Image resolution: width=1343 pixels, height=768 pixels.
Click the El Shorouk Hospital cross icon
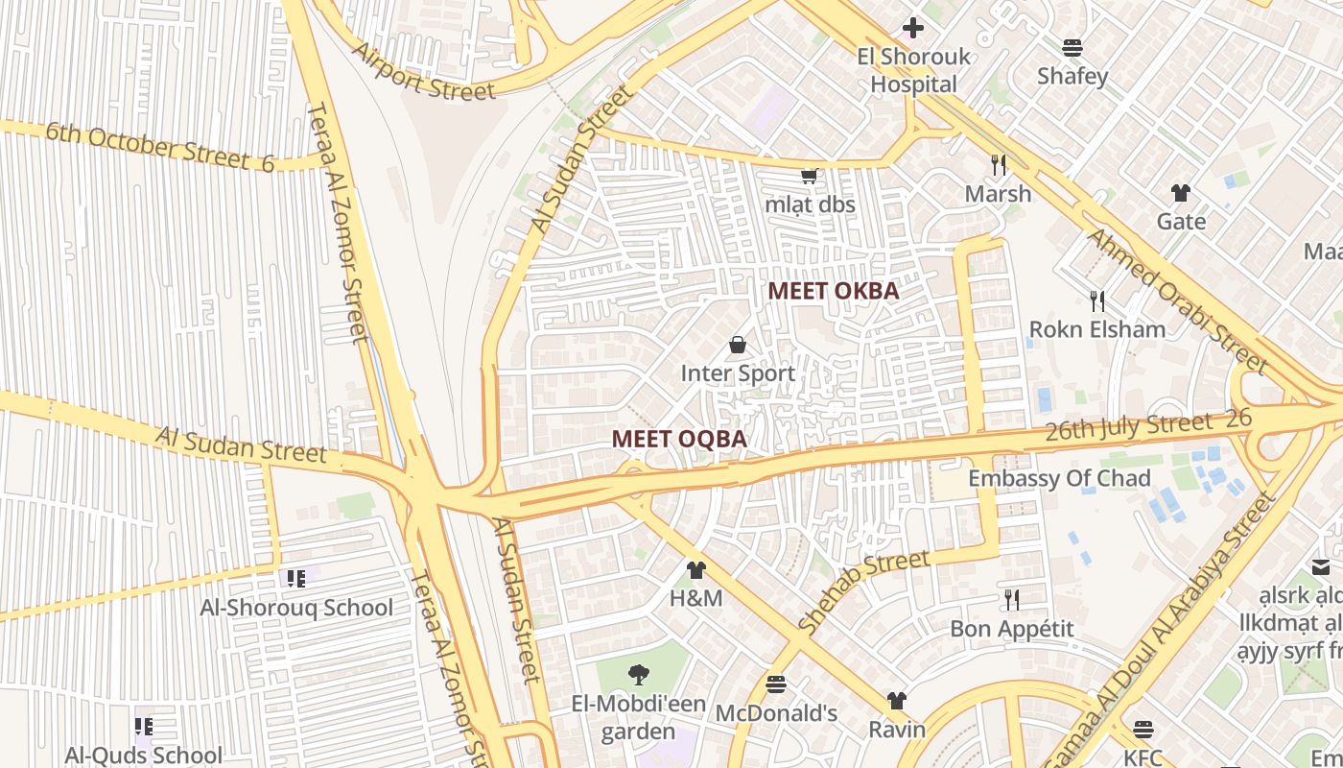[913, 28]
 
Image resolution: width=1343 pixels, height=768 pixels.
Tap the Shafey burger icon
[1072, 48]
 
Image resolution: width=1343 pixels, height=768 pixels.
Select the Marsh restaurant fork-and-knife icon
[999, 165]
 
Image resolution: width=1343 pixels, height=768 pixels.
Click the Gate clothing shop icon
[1181, 193]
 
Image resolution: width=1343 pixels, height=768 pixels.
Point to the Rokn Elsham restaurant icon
[1097, 301]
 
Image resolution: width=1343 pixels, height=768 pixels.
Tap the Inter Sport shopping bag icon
[738, 345]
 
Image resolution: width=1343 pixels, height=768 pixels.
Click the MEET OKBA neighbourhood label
[834, 291]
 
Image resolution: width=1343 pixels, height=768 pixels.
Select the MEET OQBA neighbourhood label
[679, 439]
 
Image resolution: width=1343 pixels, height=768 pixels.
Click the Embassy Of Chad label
[1059, 478]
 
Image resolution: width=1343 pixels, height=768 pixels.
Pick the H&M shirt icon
[696, 570]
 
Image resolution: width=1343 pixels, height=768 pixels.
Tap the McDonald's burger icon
[776, 684]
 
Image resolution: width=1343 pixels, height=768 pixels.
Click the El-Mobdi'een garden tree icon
[637, 675]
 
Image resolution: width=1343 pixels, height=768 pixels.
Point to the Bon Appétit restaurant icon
[1012, 600]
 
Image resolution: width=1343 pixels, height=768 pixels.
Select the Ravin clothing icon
[897, 701]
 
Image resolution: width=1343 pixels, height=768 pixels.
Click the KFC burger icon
[1143, 730]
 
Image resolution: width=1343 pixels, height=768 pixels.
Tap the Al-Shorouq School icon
[295, 578]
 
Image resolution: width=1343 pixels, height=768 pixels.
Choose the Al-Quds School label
[144, 756]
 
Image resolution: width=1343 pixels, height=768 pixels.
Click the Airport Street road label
[424, 72]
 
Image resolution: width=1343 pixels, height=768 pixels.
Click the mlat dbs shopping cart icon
[809, 176]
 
